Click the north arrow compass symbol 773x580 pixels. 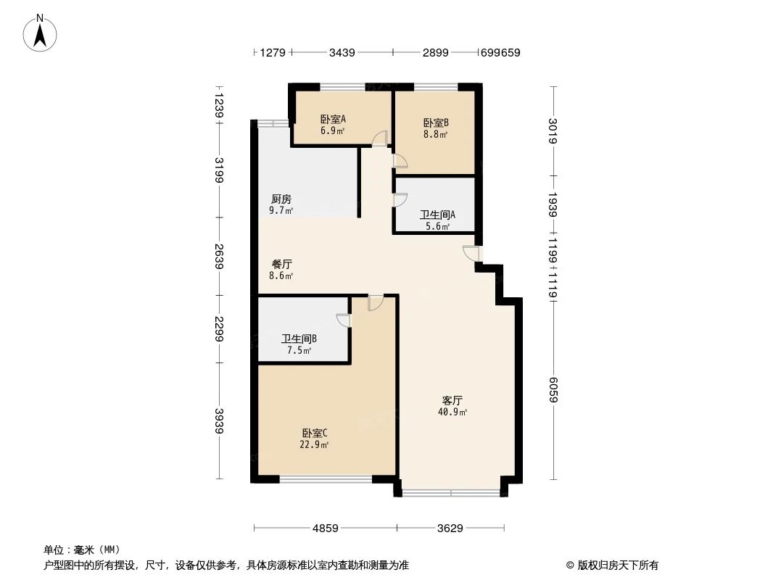coord(41,32)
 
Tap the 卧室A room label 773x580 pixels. coord(333,120)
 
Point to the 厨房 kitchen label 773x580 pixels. coord(281,199)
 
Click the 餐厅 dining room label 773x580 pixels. coord(281,265)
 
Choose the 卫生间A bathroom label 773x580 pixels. coord(437,215)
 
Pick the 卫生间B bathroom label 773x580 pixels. coord(299,339)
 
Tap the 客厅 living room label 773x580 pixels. coord(452,400)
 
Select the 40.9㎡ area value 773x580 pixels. coord(452,412)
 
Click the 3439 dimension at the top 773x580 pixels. coord(342,52)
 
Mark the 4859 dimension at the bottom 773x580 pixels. coord(326,528)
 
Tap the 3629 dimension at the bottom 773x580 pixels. coord(450,528)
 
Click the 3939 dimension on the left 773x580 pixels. coord(219,421)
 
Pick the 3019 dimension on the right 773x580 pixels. coord(554,130)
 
